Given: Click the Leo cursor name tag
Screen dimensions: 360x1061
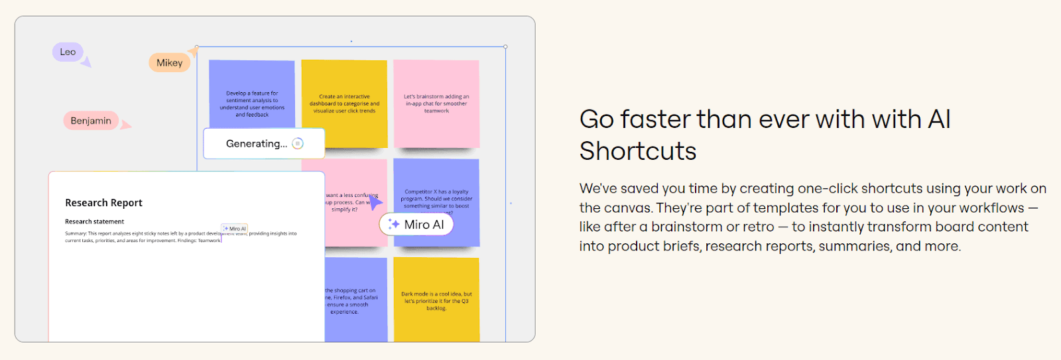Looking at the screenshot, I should point(68,52).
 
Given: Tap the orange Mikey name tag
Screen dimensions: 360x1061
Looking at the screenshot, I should point(169,63).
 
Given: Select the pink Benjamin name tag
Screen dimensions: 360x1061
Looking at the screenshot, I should point(91,121).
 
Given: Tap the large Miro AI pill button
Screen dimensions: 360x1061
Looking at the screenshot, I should point(416,225).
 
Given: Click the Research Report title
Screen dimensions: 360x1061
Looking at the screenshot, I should point(103,203).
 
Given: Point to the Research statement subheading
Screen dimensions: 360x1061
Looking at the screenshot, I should point(94,221).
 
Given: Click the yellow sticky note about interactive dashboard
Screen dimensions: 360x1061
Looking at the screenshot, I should point(344,103).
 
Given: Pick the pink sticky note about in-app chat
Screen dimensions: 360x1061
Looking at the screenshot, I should point(436,103).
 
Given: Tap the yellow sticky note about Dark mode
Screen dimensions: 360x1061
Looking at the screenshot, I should point(436,300).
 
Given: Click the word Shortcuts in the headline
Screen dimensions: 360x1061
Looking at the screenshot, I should point(638,151).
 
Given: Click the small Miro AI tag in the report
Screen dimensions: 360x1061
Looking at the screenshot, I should point(235,229).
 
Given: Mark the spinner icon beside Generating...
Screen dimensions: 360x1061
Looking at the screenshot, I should point(298,143).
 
